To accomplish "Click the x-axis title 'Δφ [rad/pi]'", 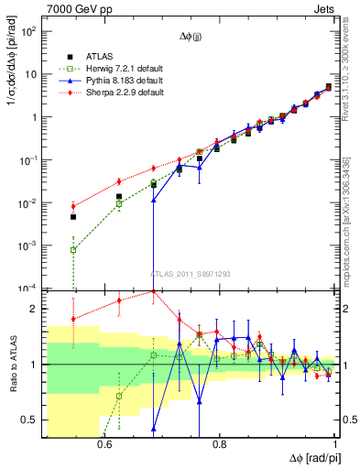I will click(x=311, y=457).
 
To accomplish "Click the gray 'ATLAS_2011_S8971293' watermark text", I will click(x=191, y=273).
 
